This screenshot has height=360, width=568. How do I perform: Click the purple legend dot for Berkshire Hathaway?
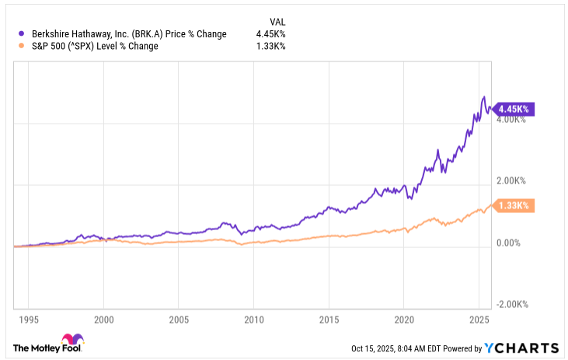[x=22, y=33]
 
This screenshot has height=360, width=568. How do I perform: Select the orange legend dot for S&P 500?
[x=22, y=46]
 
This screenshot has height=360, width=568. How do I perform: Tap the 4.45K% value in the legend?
[x=270, y=34]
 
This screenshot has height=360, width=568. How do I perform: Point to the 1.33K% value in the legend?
[x=270, y=46]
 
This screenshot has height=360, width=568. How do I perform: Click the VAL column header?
[x=277, y=22]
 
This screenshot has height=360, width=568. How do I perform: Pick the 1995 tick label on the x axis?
[x=29, y=320]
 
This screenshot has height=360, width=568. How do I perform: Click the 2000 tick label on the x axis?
[x=103, y=320]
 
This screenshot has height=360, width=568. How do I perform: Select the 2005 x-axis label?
[x=179, y=320]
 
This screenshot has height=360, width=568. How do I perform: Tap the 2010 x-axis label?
[x=253, y=320]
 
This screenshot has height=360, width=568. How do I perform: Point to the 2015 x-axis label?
[x=329, y=320]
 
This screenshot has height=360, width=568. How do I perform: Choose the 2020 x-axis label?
[x=404, y=320]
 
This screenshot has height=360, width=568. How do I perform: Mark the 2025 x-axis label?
[x=479, y=320]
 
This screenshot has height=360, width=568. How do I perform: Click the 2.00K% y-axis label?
[x=511, y=180]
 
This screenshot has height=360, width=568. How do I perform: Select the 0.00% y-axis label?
[x=508, y=243]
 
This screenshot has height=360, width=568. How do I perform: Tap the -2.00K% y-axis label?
[x=512, y=304]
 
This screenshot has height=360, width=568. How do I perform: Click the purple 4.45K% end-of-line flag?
[x=513, y=109]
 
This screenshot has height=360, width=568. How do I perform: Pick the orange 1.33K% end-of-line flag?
[x=513, y=205]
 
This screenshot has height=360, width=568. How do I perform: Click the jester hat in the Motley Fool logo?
[x=72, y=339]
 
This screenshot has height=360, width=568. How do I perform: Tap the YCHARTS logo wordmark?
[x=521, y=348]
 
